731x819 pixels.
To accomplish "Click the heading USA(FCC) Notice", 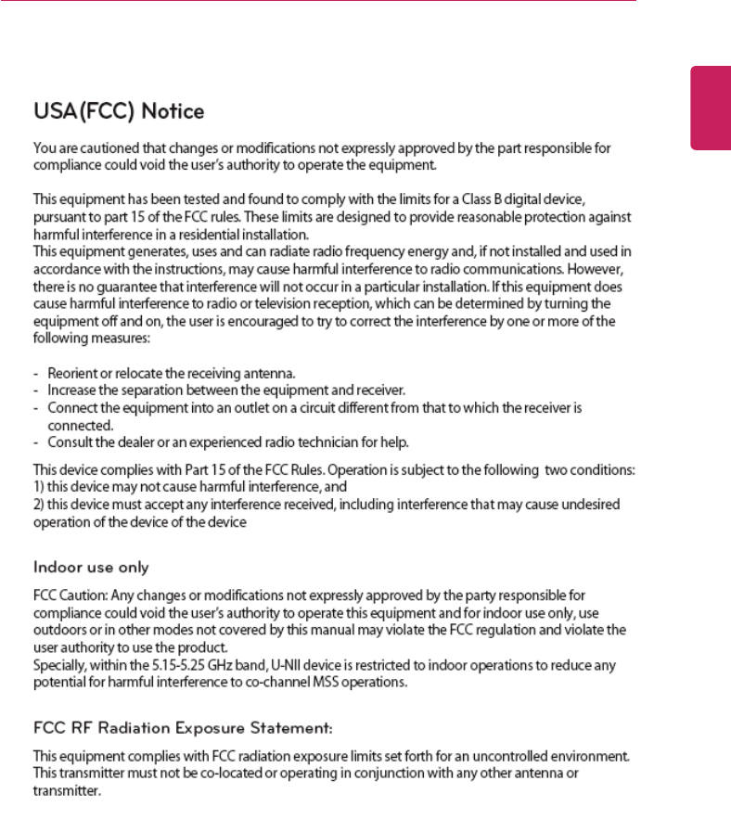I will point(119,112).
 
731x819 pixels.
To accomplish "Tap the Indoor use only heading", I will point(91,567).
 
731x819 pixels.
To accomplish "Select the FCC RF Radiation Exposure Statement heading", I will point(183,723).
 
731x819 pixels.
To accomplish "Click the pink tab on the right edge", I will point(711,108).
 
